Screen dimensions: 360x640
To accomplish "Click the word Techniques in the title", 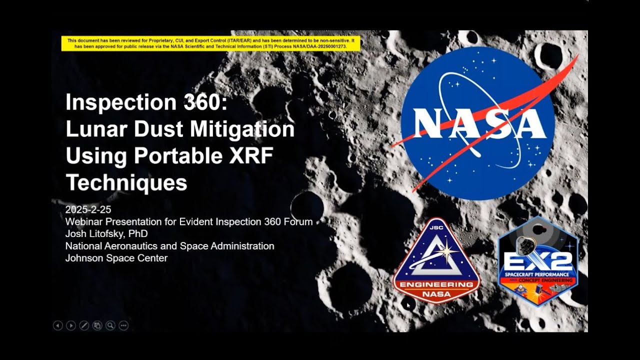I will [126, 183].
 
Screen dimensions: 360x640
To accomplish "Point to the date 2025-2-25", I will [88, 209].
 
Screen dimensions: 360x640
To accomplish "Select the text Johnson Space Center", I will [116, 258].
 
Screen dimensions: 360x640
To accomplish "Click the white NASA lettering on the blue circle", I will [477, 123].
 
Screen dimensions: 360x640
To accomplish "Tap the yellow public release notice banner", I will [210, 43].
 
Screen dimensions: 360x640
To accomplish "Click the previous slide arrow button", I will [58, 325].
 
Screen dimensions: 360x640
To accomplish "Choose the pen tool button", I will [84, 325].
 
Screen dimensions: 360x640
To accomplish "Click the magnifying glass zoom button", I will [110, 325].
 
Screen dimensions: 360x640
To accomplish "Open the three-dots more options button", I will [123, 325].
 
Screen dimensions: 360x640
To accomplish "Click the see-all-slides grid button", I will [97, 325].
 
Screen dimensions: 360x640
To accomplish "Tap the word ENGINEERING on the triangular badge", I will [436, 285].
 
